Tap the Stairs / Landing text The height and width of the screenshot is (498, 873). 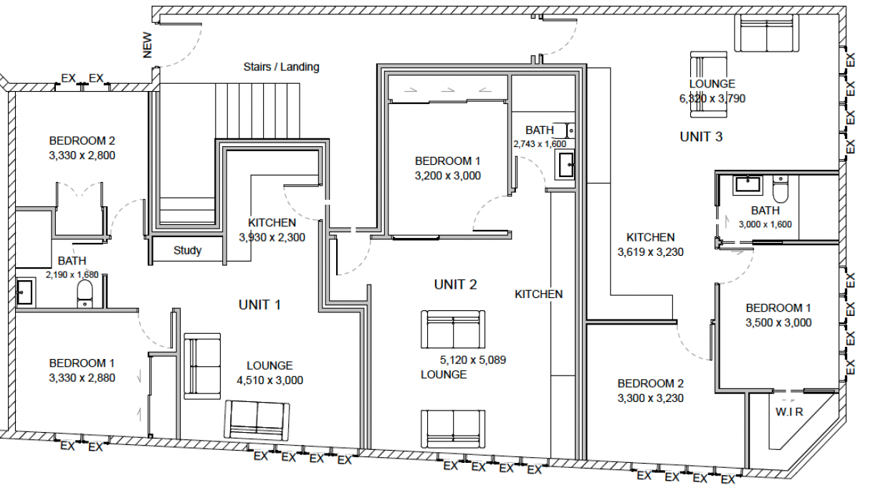coord(281,67)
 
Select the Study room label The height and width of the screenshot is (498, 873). coord(187,251)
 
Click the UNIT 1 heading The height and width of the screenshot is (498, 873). coord(259,305)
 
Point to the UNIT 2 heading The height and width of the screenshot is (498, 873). coord(455,285)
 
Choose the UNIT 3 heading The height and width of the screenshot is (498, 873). coord(701,137)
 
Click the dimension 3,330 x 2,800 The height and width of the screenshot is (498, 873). coord(82,155)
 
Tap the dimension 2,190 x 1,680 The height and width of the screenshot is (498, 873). coord(72,274)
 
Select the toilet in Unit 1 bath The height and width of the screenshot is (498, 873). coord(85,294)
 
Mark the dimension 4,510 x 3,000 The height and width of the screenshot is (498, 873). coord(269,380)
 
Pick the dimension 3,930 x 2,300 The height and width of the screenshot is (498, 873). coord(272,237)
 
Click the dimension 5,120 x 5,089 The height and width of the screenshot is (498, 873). coord(473,360)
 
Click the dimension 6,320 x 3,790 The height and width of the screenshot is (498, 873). coord(712,99)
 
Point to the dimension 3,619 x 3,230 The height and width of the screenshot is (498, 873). coord(650,252)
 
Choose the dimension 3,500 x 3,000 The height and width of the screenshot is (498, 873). coord(778,323)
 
